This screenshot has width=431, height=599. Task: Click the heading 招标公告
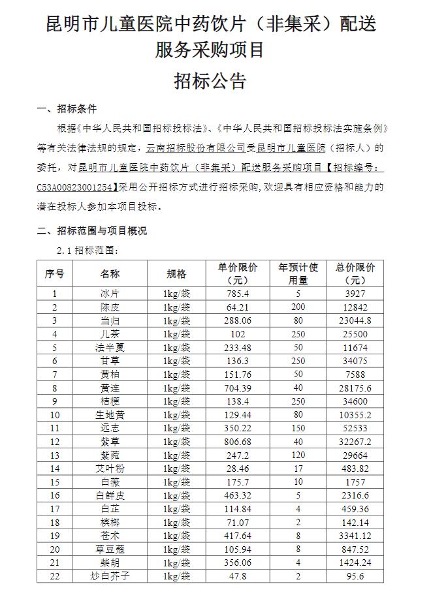coord(210,81)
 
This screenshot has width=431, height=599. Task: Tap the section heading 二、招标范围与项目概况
coord(91,230)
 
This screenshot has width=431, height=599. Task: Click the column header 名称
coord(110,273)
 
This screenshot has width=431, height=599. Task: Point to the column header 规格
coord(176,273)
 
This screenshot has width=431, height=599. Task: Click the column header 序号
coord(55,273)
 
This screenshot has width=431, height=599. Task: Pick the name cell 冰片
coord(110,294)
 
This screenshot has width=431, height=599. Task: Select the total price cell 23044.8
coord(355,320)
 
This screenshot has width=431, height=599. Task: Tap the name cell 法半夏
coord(110,347)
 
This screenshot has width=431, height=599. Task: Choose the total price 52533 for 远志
coord(355,427)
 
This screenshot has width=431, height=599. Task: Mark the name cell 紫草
coord(110,441)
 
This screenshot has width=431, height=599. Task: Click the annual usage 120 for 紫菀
coord(298,454)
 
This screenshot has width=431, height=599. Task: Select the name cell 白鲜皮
coord(110,495)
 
